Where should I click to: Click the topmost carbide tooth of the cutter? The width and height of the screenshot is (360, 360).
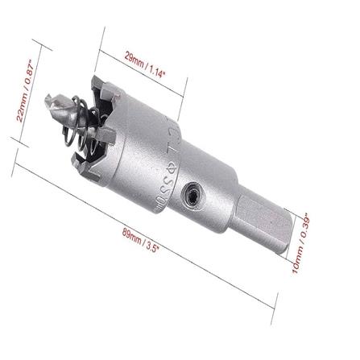point(98,82)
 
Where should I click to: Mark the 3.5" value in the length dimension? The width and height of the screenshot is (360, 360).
point(155,246)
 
